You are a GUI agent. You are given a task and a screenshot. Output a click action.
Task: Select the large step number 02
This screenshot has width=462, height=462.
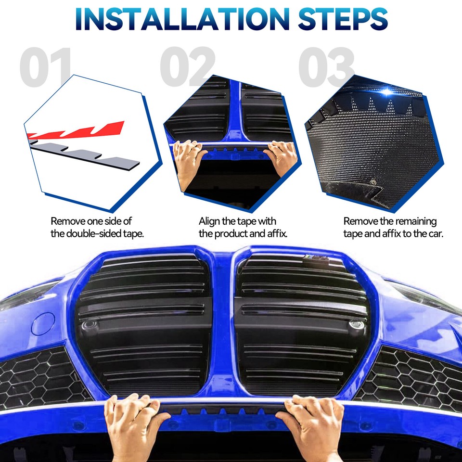188,67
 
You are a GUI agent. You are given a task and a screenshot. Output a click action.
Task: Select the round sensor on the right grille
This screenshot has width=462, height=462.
356,324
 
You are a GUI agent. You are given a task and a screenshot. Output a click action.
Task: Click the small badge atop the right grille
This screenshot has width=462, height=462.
316,258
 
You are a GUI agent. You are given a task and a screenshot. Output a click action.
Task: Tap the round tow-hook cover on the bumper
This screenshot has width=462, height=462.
43,323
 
